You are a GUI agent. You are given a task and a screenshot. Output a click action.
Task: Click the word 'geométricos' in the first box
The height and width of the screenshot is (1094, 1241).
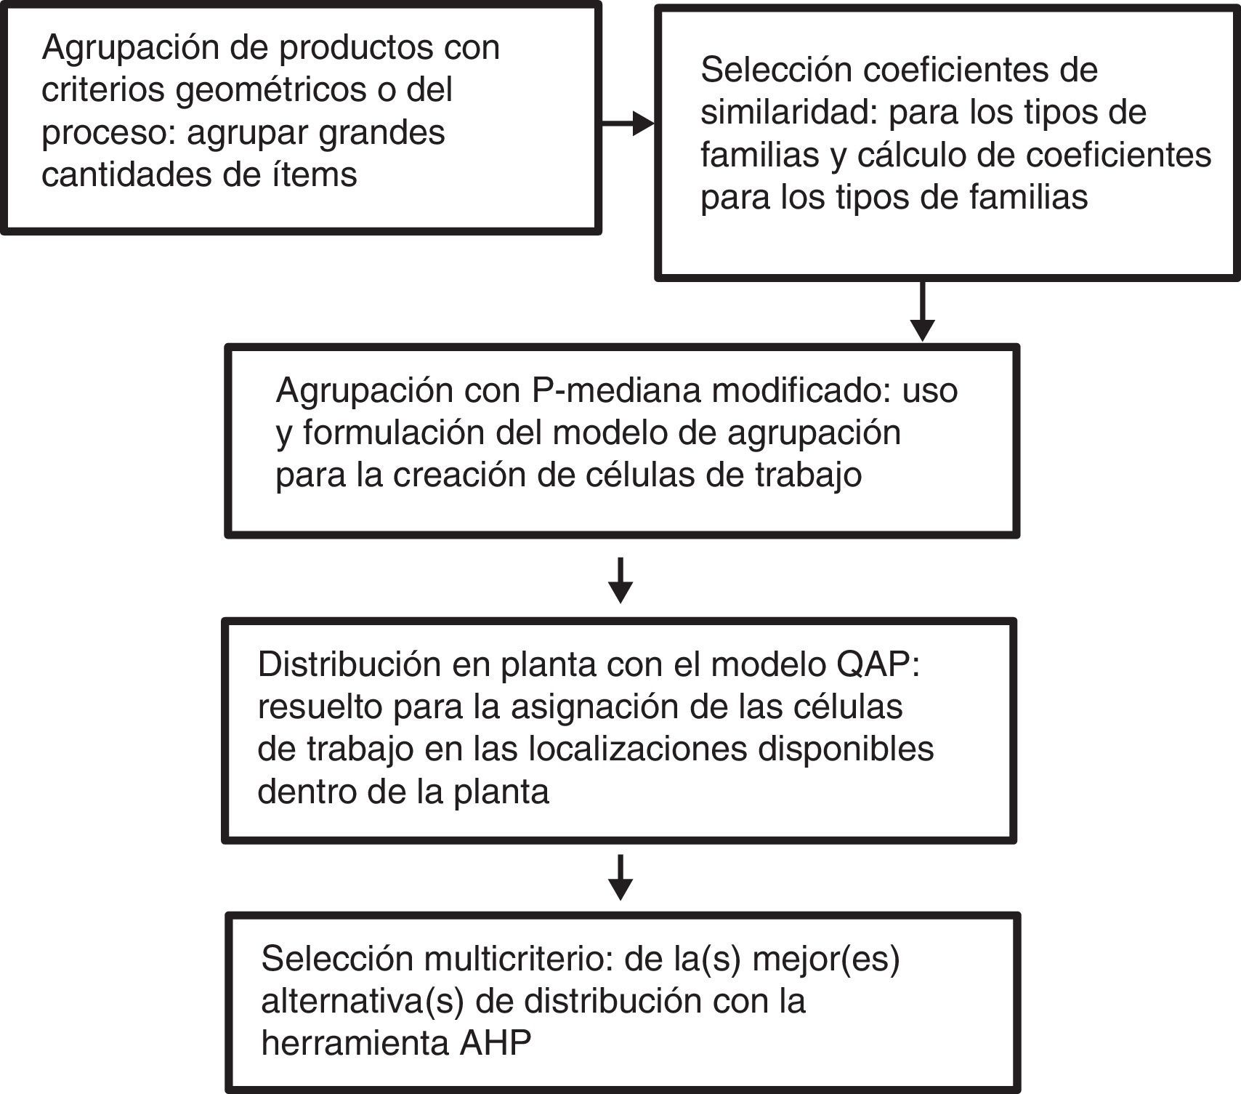tap(259, 91)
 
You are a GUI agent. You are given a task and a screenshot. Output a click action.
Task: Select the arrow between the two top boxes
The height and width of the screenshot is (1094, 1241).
tap(628, 124)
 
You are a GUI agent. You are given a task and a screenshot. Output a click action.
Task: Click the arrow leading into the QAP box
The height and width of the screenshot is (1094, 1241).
tap(620, 581)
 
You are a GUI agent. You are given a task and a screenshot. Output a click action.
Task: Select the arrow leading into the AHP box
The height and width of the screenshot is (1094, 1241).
tap(620, 878)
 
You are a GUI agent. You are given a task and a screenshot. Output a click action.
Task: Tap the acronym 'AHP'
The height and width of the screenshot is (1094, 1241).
tap(496, 1044)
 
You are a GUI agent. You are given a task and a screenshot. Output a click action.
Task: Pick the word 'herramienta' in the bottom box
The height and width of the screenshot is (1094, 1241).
tap(355, 1044)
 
